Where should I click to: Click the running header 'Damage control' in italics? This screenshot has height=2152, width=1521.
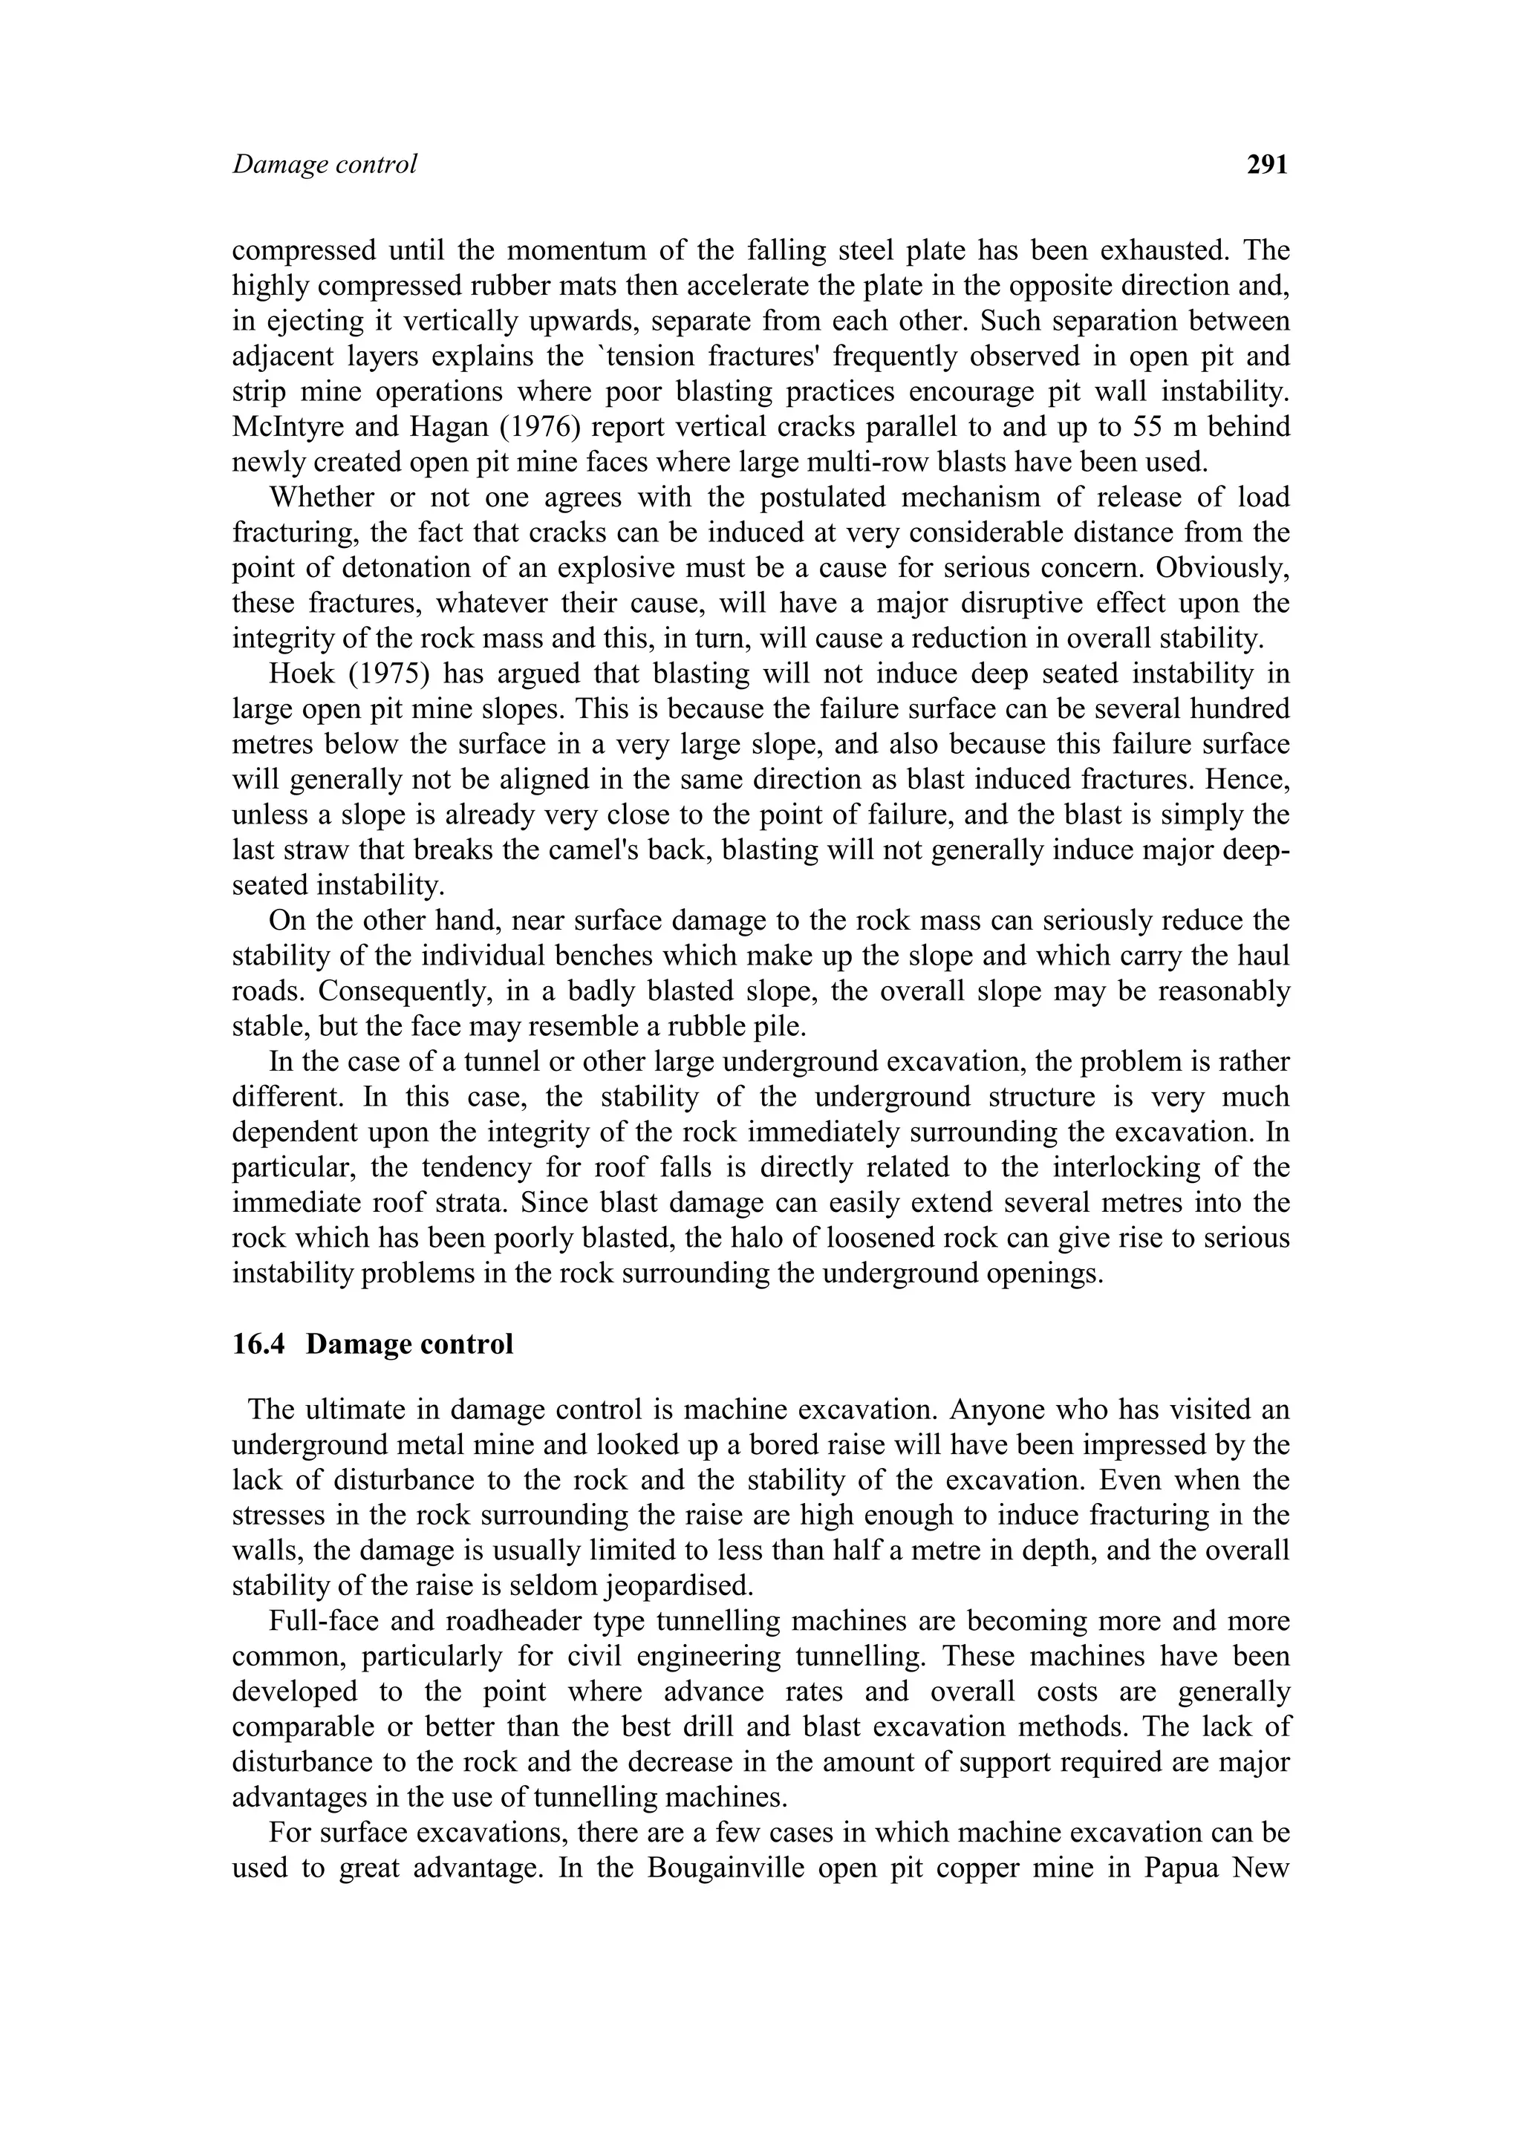pos(325,165)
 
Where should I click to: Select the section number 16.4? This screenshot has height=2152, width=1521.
pos(262,1344)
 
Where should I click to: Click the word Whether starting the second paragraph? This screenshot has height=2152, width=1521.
pos(315,497)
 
